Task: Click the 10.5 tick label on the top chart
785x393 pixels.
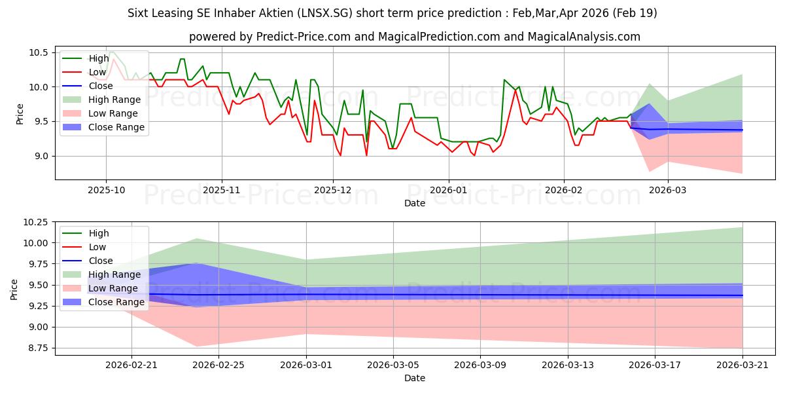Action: (38, 52)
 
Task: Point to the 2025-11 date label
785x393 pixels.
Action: (222, 190)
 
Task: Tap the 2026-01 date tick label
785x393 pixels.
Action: (448, 190)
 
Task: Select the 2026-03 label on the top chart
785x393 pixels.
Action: (668, 190)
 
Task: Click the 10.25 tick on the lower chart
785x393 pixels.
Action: (35, 222)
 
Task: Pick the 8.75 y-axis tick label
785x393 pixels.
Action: (37, 348)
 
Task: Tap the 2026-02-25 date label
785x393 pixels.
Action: (218, 365)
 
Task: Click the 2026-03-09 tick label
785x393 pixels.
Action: (480, 365)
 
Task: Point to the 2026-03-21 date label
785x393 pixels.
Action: (742, 365)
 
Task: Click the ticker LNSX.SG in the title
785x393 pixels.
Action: (324, 13)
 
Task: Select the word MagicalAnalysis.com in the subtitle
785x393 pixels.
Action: (584, 37)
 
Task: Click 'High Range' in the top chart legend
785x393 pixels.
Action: (114, 100)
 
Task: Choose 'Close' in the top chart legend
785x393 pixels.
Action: (101, 86)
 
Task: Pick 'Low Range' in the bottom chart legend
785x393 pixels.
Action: (113, 288)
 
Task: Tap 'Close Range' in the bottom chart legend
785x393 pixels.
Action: (116, 302)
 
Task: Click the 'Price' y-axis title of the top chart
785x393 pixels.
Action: (20, 114)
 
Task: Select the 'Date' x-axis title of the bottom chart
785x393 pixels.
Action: (415, 378)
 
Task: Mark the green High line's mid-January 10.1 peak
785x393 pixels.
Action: (504, 80)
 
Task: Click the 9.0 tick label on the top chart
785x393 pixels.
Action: (41, 156)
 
